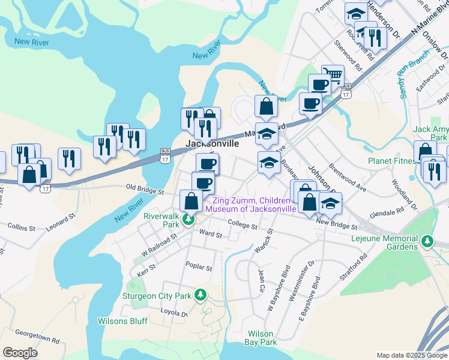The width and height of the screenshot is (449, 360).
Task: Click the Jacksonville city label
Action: coord(212,144)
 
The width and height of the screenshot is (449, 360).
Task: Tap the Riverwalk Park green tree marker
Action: coord(188,220)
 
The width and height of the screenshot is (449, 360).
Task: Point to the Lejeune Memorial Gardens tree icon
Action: coord(427,241)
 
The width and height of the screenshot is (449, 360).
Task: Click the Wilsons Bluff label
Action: coord(122,321)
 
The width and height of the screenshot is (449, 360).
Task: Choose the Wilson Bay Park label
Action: coord(261,338)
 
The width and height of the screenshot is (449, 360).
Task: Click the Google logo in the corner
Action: coord(20,353)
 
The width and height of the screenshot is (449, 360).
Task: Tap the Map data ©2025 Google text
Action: coord(411,355)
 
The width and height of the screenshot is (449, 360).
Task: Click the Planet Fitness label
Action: coord(394,161)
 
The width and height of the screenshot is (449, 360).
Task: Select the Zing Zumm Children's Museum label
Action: coord(251,204)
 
